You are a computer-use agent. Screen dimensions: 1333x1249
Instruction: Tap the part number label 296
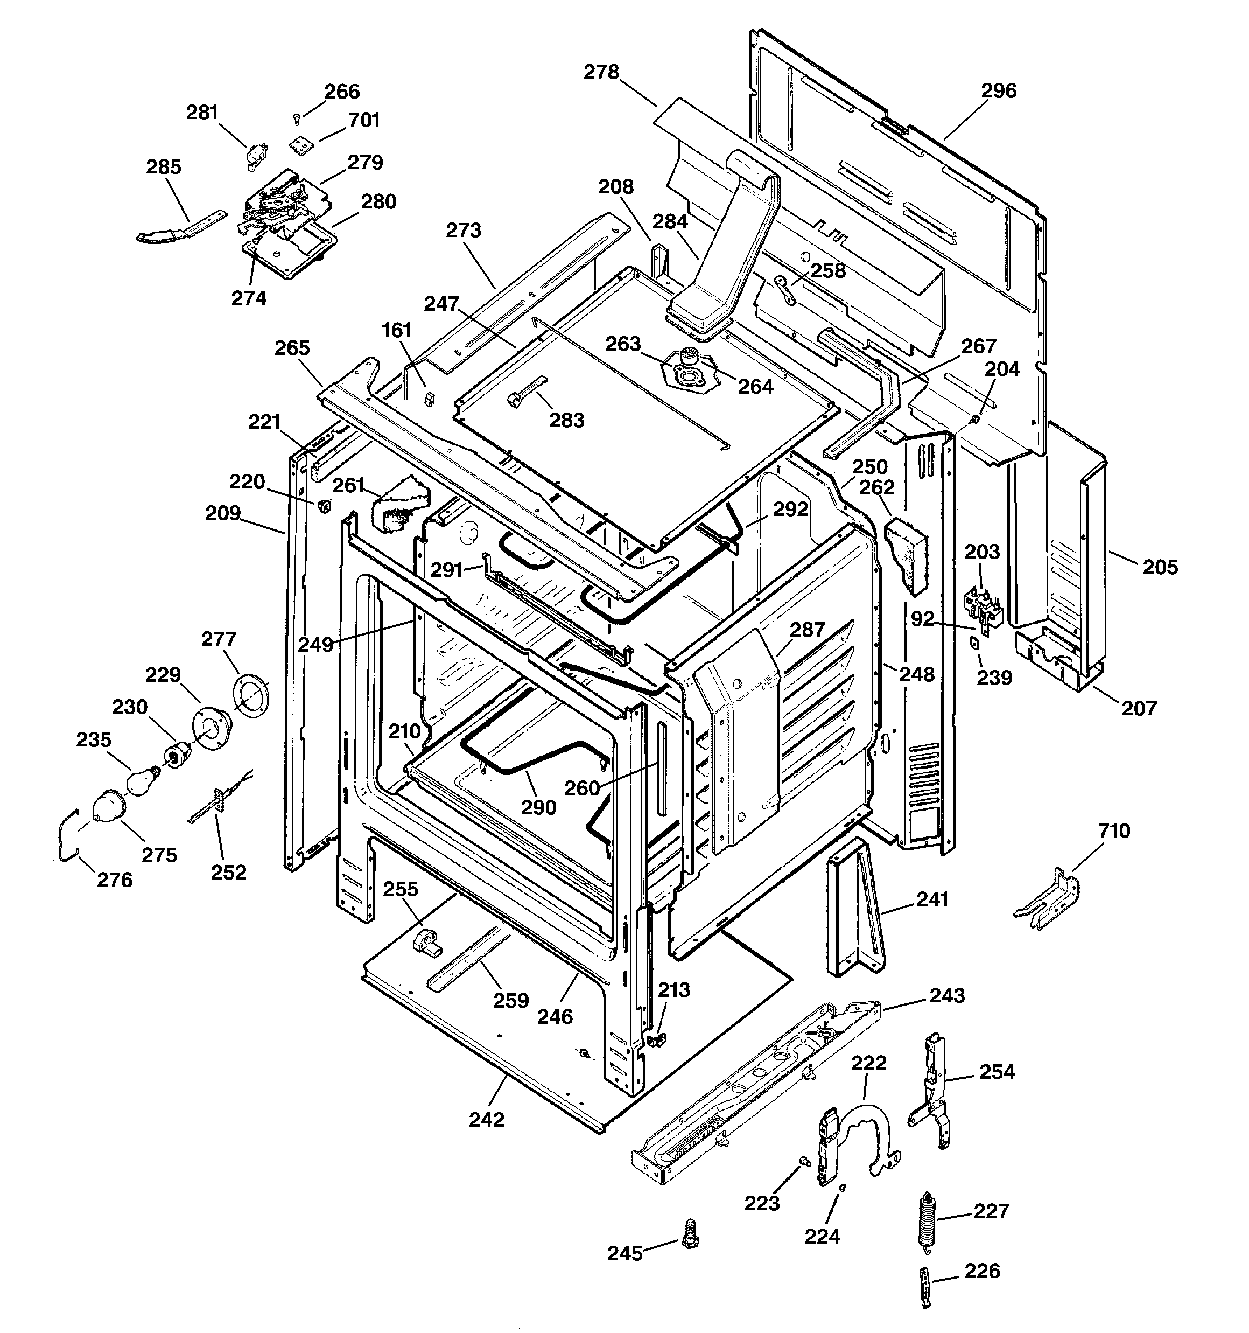click(999, 90)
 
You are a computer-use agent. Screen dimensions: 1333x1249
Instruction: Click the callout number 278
click(601, 72)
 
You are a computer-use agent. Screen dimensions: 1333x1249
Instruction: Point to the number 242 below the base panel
click(486, 1119)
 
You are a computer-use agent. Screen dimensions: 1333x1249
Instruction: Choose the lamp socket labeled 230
click(177, 756)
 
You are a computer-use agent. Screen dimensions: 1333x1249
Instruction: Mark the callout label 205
click(1160, 567)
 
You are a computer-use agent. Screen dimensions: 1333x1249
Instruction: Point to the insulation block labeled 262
click(905, 553)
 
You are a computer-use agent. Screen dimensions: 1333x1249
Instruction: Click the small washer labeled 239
click(973, 643)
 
